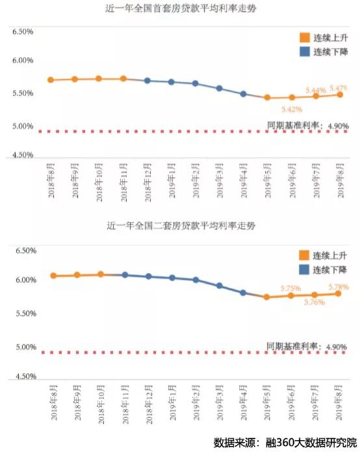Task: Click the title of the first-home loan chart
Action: click(181, 9)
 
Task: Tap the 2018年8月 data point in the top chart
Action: click(50, 80)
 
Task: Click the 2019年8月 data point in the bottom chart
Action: click(339, 293)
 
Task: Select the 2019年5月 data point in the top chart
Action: click(267, 97)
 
